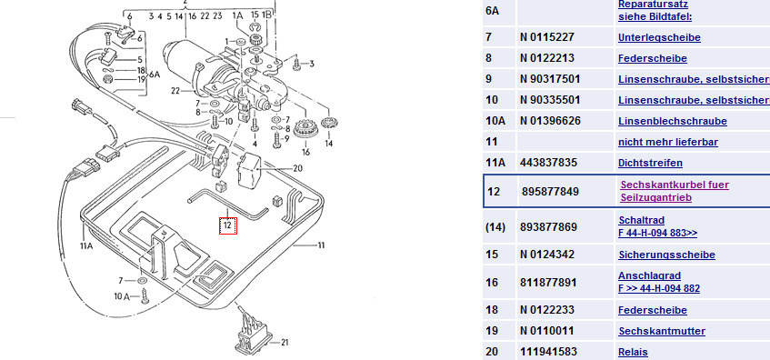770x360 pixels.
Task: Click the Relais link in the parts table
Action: [x=633, y=352]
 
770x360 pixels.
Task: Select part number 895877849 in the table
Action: [x=545, y=191]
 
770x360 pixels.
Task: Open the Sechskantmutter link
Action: [x=662, y=331]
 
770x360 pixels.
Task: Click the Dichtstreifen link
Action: [x=650, y=163]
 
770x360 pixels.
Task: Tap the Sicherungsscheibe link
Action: [x=666, y=255]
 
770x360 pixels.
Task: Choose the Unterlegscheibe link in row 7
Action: [x=659, y=37]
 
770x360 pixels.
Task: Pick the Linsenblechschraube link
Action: [x=665, y=121]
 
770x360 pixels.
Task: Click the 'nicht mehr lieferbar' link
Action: [x=668, y=142]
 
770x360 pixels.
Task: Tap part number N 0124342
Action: [x=546, y=255]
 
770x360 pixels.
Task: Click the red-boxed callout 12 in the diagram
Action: [x=228, y=225]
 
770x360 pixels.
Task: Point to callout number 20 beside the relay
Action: [x=297, y=168]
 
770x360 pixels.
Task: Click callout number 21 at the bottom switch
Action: [x=284, y=343]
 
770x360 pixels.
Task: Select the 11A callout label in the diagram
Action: [x=86, y=245]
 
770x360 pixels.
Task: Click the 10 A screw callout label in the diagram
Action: [x=121, y=296]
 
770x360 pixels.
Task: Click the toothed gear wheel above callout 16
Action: [x=304, y=129]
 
